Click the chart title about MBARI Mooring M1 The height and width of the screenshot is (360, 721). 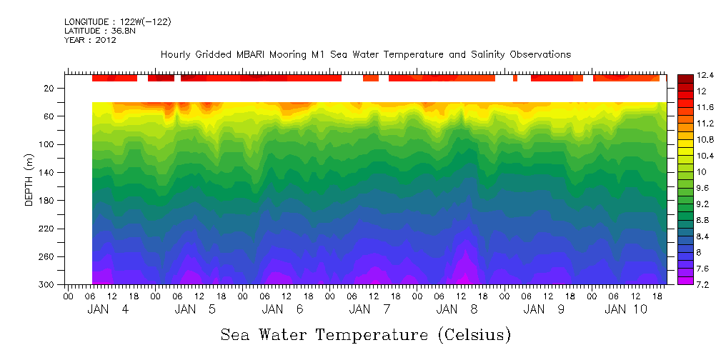(x=365, y=55)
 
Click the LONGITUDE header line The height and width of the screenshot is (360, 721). (x=117, y=22)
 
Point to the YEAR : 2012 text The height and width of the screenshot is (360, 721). (x=90, y=40)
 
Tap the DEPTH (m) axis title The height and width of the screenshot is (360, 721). (x=29, y=186)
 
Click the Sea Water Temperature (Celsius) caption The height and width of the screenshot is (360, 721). (x=365, y=334)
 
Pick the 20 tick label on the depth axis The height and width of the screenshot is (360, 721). (x=49, y=89)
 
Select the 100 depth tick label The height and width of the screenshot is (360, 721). (x=47, y=144)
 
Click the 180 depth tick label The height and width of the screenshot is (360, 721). (x=47, y=201)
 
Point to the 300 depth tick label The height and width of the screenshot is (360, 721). (x=47, y=285)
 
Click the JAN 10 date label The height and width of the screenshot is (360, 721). (x=626, y=309)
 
